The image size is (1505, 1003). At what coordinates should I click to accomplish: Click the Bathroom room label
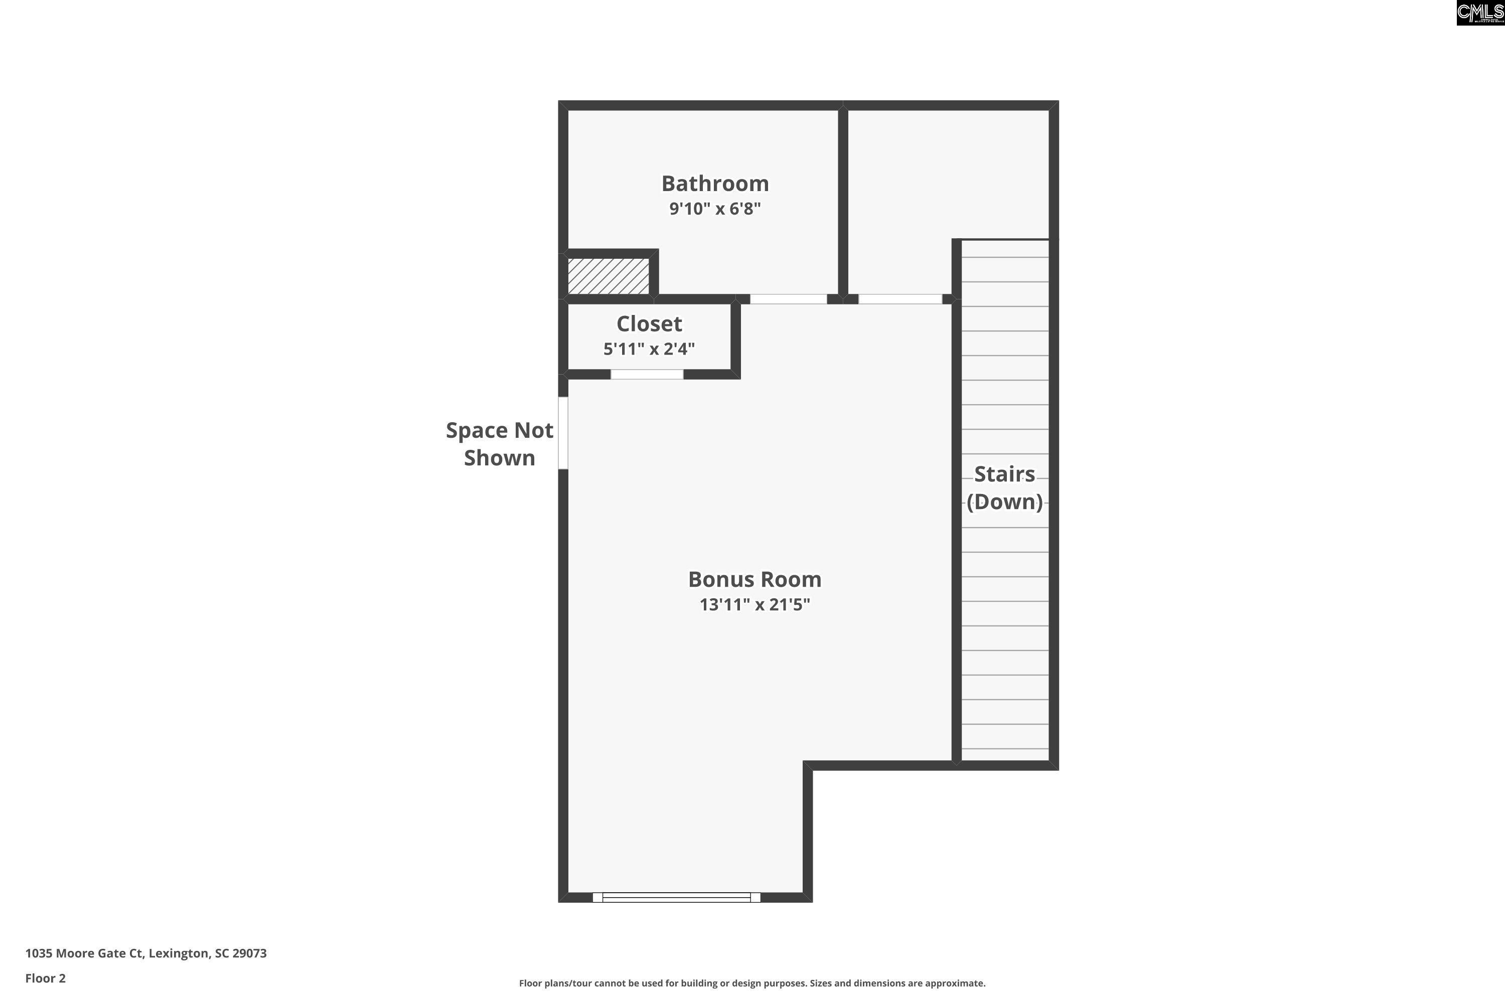[x=715, y=184]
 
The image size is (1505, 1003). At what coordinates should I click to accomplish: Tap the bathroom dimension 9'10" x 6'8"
[x=715, y=209]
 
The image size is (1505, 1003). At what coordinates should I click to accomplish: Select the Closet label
[x=649, y=323]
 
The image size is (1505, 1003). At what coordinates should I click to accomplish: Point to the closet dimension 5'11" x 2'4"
[x=649, y=349]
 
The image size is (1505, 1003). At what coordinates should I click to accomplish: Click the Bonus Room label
[x=755, y=579]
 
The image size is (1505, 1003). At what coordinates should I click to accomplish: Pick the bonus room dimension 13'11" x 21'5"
[x=755, y=604]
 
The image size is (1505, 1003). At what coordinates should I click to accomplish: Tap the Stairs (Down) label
[x=1004, y=487]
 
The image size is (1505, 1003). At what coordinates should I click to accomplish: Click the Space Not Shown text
[x=499, y=444]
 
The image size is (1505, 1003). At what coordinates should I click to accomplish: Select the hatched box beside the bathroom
[x=608, y=276]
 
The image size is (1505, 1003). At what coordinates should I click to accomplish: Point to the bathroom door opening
[x=788, y=299]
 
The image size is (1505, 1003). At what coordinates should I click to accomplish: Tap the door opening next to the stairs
[x=899, y=299]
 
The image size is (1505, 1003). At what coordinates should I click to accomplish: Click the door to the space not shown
[x=563, y=433]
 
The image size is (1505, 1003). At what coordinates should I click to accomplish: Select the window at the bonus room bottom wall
[x=676, y=898]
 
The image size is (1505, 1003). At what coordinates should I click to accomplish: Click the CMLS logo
[x=1480, y=13]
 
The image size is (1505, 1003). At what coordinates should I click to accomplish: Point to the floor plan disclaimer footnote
[x=752, y=983]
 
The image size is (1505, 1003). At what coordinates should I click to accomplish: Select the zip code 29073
[x=249, y=953]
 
